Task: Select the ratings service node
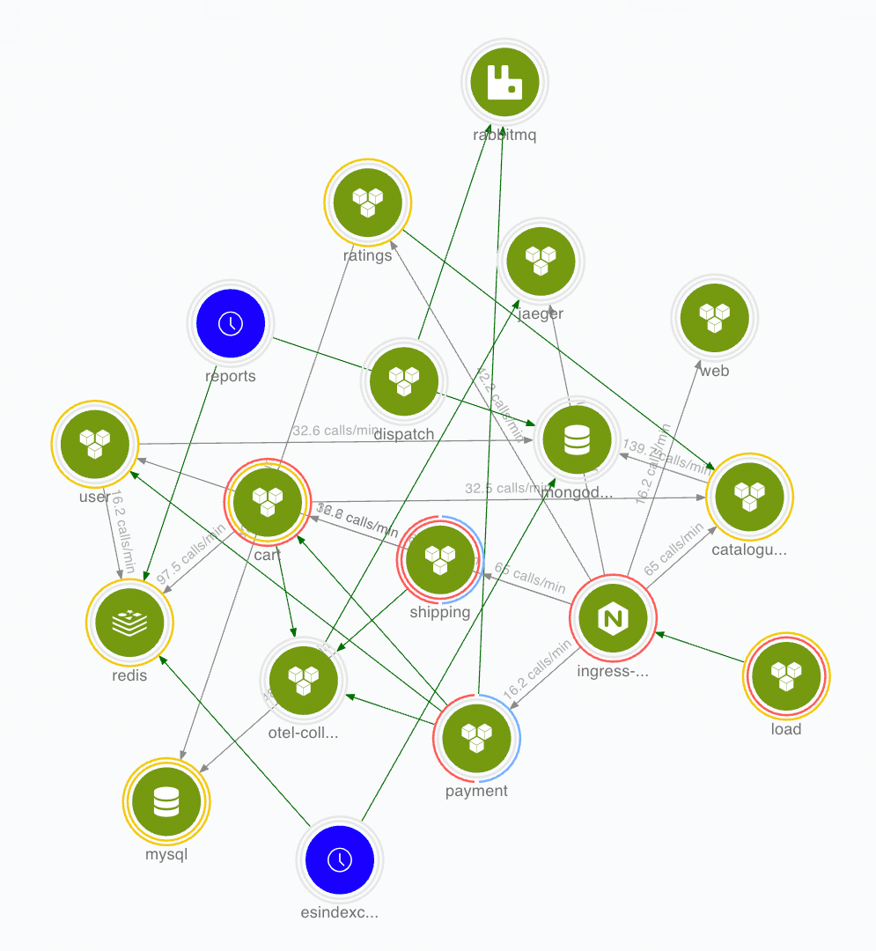(x=367, y=202)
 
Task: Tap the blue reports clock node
(x=231, y=323)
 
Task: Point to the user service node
(x=94, y=444)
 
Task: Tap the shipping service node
(x=439, y=559)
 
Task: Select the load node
(x=786, y=676)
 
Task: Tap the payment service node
(x=476, y=738)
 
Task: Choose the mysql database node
(x=166, y=801)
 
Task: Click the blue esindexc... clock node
(x=339, y=860)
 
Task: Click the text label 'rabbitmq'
(x=504, y=136)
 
